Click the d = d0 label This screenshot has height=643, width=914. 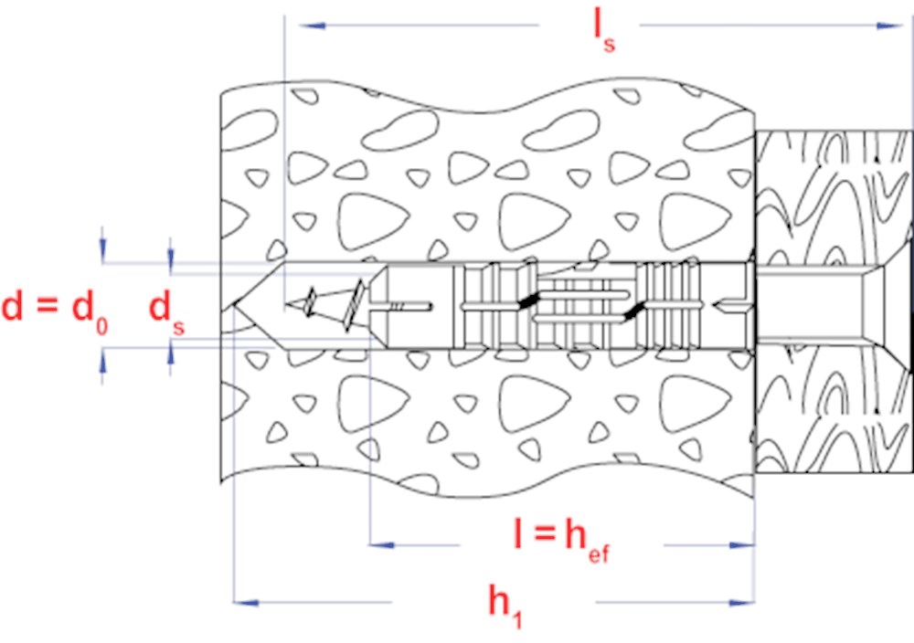[x=55, y=311]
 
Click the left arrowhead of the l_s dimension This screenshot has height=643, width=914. [x=312, y=26]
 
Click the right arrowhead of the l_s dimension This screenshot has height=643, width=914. [x=889, y=26]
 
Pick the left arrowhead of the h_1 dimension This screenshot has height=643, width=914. [x=246, y=602]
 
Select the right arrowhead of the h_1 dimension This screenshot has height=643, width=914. [x=742, y=602]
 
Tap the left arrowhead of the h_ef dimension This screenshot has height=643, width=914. [x=382, y=545]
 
